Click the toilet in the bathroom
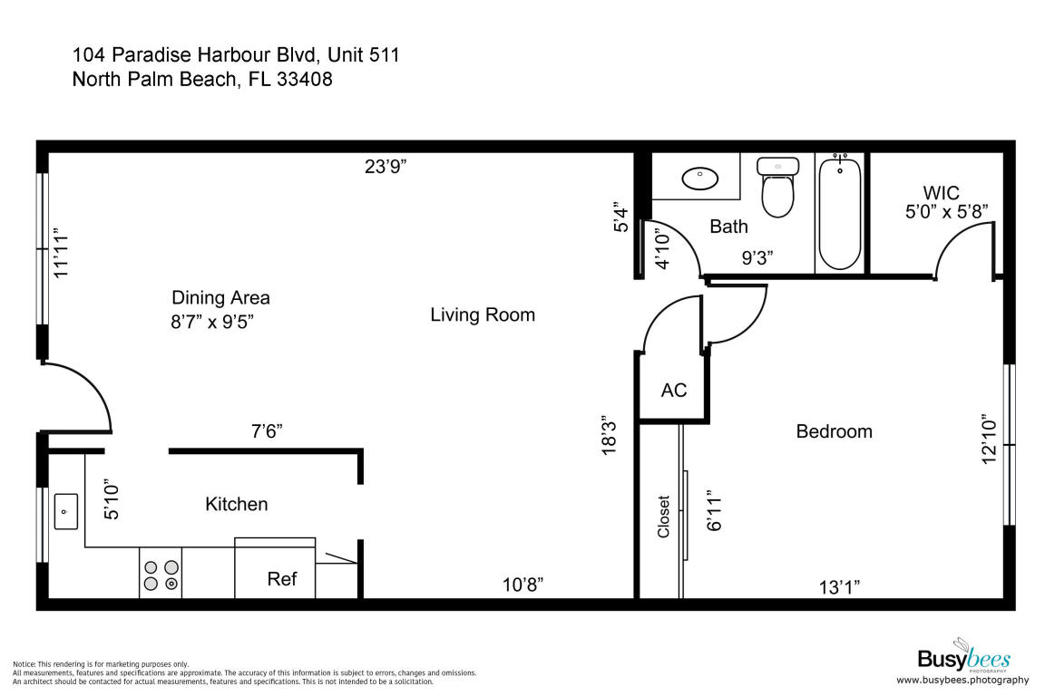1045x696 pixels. click(x=777, y=188)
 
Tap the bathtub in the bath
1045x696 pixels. click(x=840, y=213)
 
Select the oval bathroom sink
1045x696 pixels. click(x=699, y=179)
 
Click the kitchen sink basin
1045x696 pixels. click(x=65, y=511)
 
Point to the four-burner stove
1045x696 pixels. click(x=161, y=575)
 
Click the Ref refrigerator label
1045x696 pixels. click(x=282, y=579)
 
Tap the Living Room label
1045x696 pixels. click(x=483, y=314)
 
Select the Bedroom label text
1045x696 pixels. click(x=834, y=431)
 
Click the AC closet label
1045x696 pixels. click(x=674, y=391)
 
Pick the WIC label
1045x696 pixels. click(x=941, y=193)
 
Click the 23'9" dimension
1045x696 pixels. click(x=386, y=167)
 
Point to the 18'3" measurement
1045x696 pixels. click(x=610, y=439)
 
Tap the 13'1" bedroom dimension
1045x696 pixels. click(x=839, y=587)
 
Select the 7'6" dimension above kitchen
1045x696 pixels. click(x=267, y=431)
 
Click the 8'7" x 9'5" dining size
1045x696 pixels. click(x=212, y=323)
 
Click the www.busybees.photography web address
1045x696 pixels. click(x=962, y=680)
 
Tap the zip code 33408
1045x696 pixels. click(x=305, y=79)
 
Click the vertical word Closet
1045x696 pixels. click(x=663, y=517)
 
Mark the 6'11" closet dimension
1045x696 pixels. click(x=714, y=511)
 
